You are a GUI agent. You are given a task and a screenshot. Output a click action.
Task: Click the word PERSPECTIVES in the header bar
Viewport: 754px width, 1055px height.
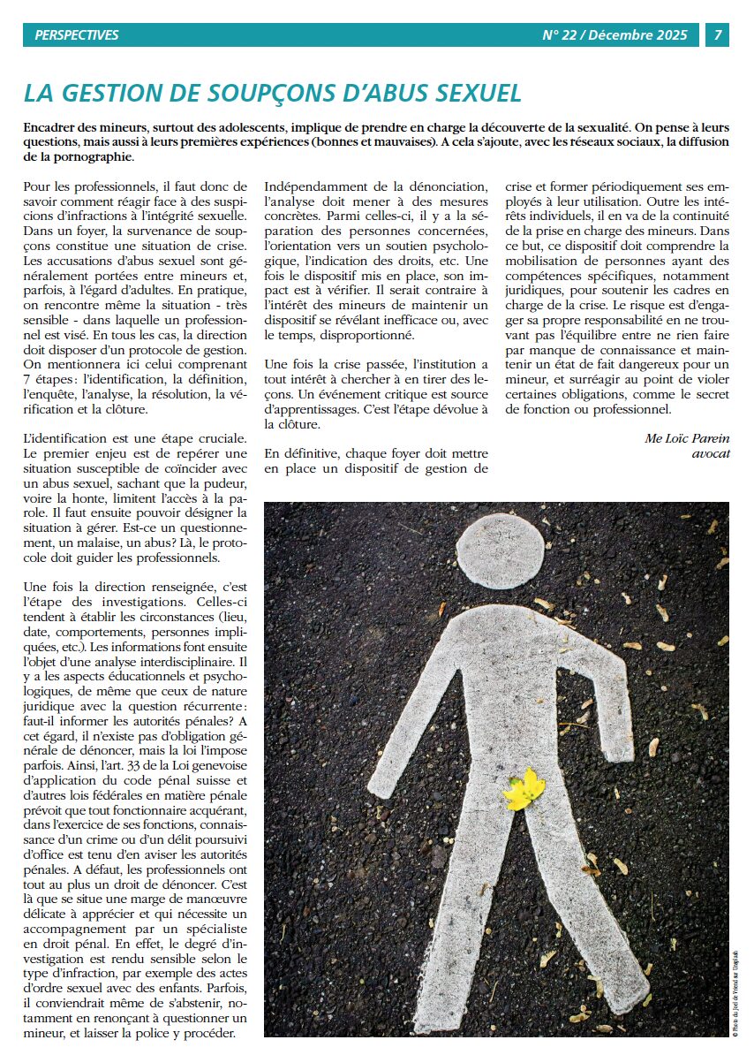76,35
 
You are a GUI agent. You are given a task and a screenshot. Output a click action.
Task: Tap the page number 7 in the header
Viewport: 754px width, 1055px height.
718,35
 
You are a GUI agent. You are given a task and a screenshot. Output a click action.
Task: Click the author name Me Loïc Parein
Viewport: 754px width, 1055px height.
687,438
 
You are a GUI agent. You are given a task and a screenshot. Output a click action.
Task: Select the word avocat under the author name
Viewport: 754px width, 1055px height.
711,453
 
